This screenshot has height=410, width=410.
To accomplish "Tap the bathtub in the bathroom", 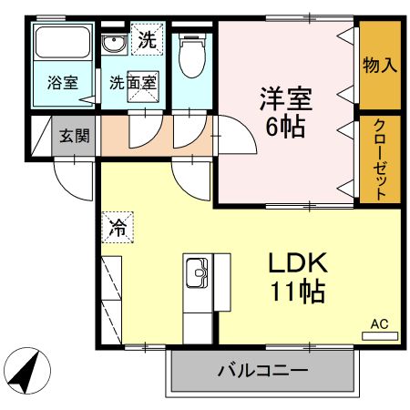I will point(62,46).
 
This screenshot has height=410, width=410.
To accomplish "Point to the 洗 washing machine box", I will point(147,39).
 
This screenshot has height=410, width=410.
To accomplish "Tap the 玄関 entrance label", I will point(75,137).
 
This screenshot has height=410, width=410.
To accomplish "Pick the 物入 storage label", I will point(379,66).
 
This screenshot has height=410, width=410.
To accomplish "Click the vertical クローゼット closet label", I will point(379,159).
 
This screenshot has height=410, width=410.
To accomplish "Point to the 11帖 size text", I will point(297,293).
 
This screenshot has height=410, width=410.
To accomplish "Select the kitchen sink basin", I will point(197,271).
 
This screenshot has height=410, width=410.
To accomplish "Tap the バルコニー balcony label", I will point(261,371).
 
